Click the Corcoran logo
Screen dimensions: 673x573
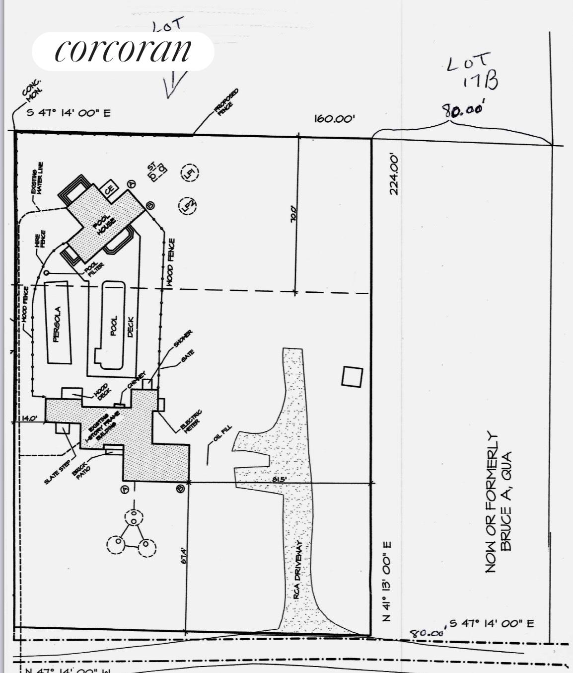123,51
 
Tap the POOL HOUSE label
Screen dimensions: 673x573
105,225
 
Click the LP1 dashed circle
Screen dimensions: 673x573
190,173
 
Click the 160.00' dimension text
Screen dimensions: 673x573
334,119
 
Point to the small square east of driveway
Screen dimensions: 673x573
352,376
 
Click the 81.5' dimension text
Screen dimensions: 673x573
279,479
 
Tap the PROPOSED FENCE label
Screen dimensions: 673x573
226,102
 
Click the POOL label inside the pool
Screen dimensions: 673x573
114,326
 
